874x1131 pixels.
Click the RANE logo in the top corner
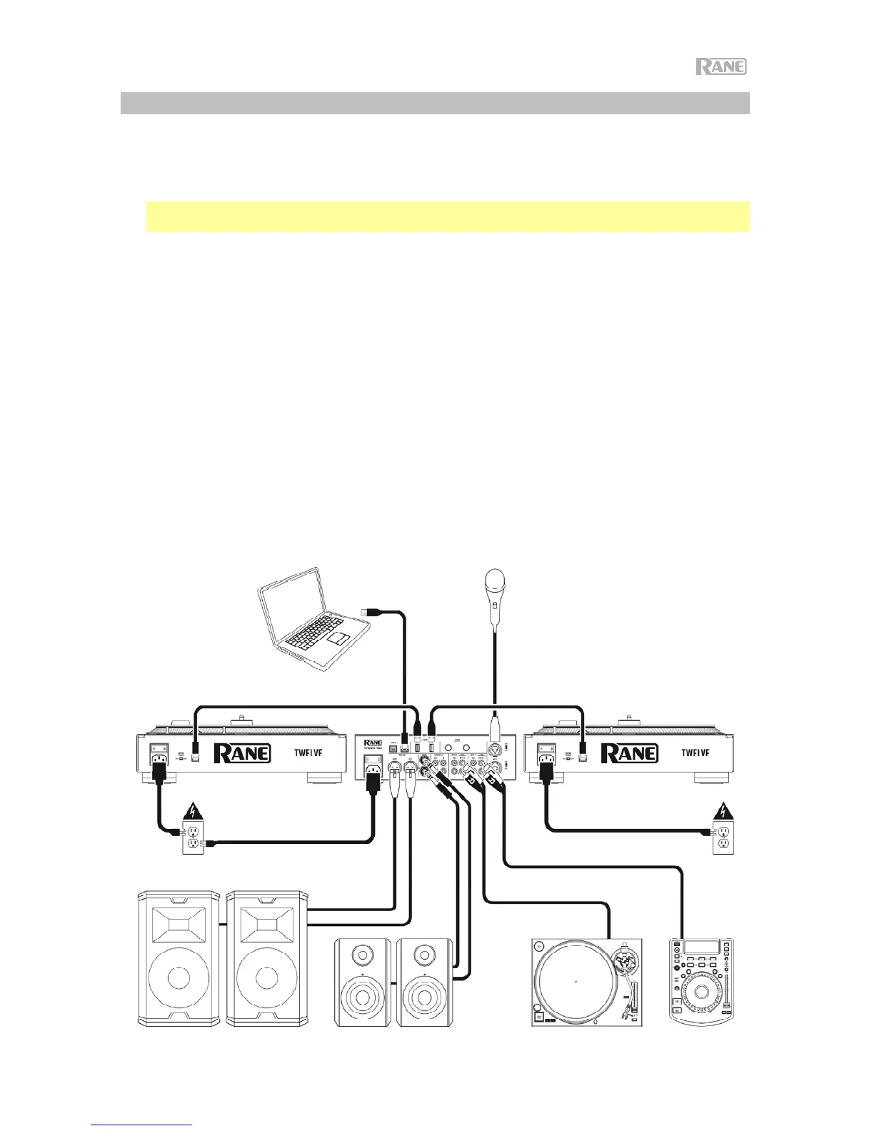pos(721,67)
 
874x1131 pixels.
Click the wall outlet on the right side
pos(723,836)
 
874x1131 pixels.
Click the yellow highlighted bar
pos(447,216)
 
